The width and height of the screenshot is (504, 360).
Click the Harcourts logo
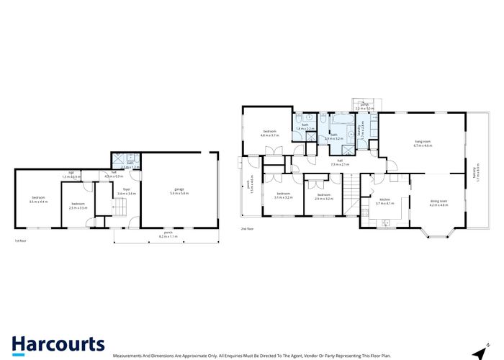(58, 344)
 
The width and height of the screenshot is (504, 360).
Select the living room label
(423, 144)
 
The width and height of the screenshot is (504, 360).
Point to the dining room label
(439, 202)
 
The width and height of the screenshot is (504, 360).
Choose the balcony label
(474, 174)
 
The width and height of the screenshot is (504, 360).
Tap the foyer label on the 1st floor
(106, 192)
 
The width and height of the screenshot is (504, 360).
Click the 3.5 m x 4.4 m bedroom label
(38, 200)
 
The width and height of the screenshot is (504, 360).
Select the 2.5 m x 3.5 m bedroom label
(77, 204)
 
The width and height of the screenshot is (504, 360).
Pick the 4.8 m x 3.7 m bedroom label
(269, 133)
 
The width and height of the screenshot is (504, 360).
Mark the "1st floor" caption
(22, 241)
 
